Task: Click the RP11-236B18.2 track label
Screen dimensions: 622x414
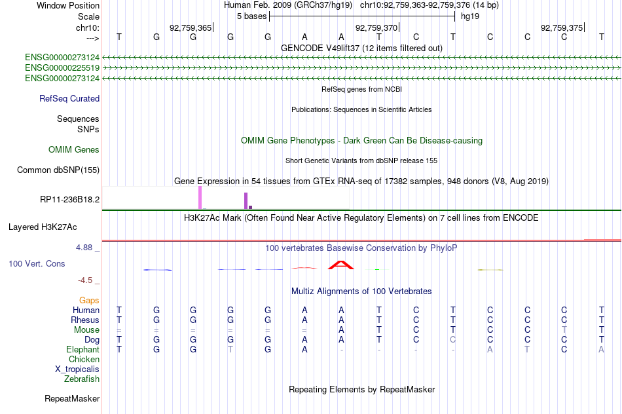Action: click(x=69, y=199)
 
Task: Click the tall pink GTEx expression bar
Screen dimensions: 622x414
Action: click(x=200, y=197)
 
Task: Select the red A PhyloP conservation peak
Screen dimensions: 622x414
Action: click(x=340, y=265)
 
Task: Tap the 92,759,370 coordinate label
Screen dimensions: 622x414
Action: click(x=376, y=28)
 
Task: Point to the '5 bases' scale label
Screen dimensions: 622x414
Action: click(x=251, y=16)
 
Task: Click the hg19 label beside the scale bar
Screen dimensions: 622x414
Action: click(x=470, y=16)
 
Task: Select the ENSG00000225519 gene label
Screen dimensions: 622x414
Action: click(x=62, y=68)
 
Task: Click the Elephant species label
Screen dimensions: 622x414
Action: click(x=82, y=349)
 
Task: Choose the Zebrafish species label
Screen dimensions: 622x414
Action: click(x=82, y=379)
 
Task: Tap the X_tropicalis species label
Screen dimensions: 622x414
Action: click(x=77, y=369)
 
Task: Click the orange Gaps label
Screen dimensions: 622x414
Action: click(x=89, y=301)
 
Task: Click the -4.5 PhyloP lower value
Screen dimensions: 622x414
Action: click(x=85, y=280)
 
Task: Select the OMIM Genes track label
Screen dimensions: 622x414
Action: click(x=74, y=149)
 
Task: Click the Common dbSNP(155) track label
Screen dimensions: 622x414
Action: click(x=58, y=170)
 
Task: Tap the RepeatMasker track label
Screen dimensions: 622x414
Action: click(x=72, y=398)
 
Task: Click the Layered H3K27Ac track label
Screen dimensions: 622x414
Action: click(x=43, y=227)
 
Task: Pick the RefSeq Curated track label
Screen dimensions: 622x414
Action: click(x=69, y=98)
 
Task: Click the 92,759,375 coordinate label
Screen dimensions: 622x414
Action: click(x=562, y=28)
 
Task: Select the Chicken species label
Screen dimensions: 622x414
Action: click(x=84, y=359)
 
